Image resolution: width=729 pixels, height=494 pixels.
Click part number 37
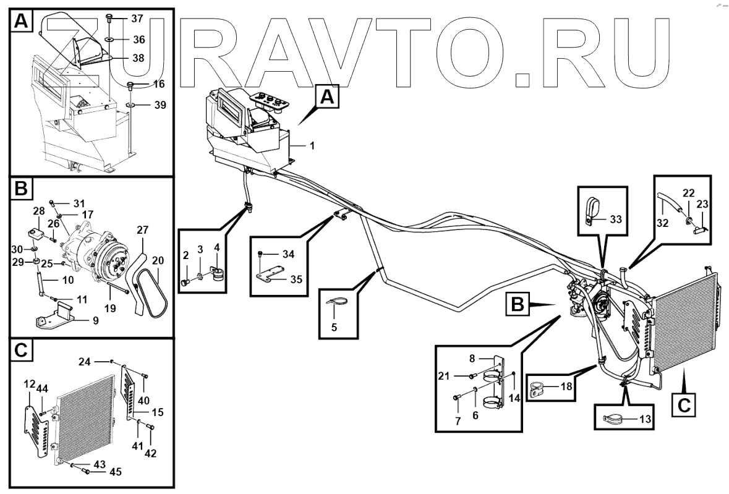[x=136, y=18]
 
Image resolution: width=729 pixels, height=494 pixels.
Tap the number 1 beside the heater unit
[x=312, y=146]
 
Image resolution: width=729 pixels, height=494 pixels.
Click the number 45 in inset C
[x=116, y=472]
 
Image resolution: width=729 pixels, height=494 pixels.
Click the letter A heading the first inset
[x=21, y=23]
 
